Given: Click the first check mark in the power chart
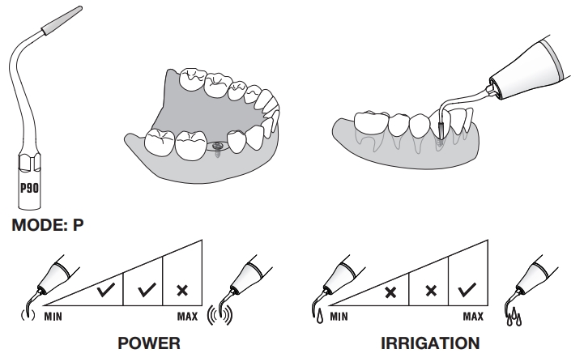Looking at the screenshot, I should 104,289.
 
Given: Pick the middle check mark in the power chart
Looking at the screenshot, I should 144,289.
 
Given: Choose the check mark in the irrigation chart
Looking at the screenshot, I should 467,289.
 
